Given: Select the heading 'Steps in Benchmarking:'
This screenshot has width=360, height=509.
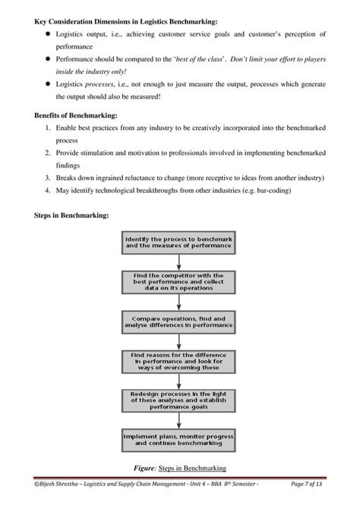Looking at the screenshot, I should click(57, 215).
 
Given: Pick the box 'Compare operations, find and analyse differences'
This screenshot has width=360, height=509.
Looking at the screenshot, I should click(180, 323).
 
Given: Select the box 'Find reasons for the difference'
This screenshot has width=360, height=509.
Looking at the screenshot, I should click(180, 362).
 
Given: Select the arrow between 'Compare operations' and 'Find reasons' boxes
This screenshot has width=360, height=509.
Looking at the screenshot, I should click(180, 342).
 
